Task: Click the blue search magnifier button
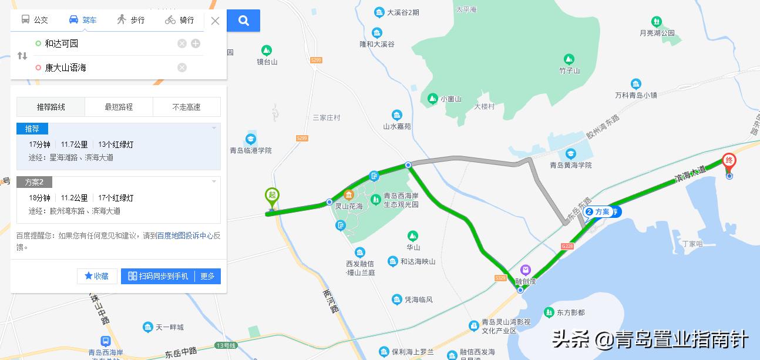click(244, 21)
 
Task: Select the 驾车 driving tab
click(83, 19)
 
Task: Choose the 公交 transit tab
click(35, 19)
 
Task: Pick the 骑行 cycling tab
click(180, 19)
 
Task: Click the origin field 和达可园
click(106, 43)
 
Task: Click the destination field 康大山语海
click(106, 68)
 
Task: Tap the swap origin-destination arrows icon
click(22, 56)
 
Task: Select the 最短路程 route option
click(119, 107)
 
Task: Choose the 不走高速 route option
click(186, 107)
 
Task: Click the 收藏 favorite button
click(97, 276)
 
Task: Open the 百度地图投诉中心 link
click(185, 235)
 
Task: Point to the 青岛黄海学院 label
click(570, 165)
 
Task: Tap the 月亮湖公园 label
click(657, 33)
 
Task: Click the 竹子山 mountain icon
click(569, 59)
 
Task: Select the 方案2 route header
click(34, 182)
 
